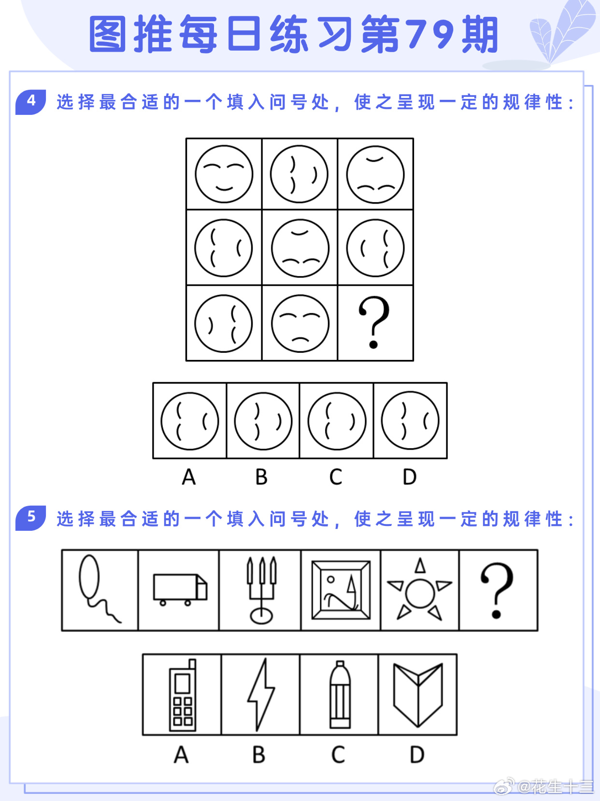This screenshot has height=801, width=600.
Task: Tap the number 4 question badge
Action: click(x=30, y=102)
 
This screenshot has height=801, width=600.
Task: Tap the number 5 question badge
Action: click(x=30, y=518)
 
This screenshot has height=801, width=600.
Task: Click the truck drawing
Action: click(x=180, y=590)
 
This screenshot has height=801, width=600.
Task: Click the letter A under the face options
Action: click(x=189, y=477)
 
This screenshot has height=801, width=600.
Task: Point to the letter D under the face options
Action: click(x=409, y=477)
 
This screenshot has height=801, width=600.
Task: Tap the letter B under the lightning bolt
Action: click(x=259, y=755)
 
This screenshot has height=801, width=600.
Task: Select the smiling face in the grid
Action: click(x=224, y=174)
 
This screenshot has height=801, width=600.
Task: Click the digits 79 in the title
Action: click(x=429, y=34)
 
